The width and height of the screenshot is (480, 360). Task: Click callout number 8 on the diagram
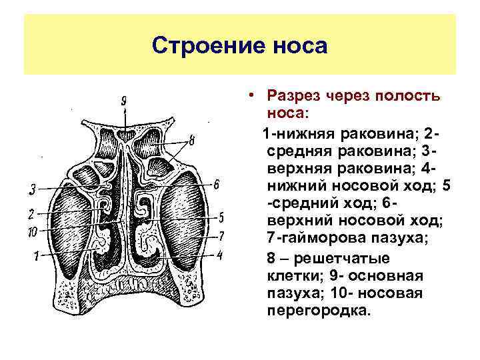click(191, 141)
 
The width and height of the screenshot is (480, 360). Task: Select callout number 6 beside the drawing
click(217, 184)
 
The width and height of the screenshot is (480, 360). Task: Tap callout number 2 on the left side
click(31, 214)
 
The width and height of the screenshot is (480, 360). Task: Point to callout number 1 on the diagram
click(37, 254)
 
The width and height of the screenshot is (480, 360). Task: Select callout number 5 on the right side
click(221, 217)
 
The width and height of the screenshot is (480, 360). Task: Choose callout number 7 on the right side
click(221, 235)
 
